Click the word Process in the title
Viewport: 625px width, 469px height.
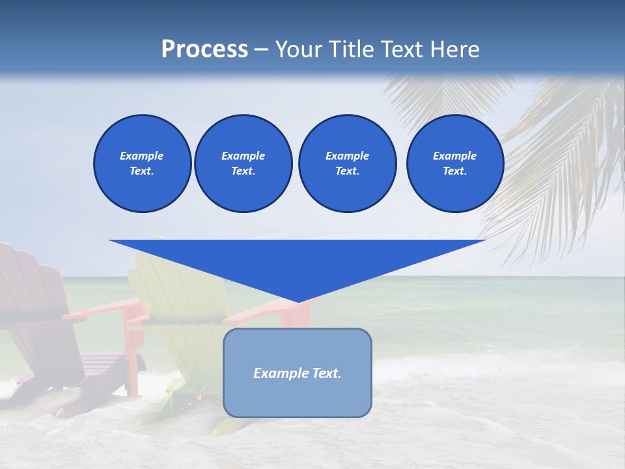[204, 50]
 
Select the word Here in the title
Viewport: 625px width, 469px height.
[454, 50]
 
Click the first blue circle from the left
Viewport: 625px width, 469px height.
[142, 163]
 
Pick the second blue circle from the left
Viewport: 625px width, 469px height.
[243, 163]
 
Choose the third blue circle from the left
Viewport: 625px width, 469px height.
[347, 163]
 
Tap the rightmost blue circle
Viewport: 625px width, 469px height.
[455, 163]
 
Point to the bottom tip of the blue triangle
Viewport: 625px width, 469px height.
[298, 302]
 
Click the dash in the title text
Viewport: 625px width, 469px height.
[262, 50]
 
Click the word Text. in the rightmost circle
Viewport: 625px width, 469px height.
[454, 171]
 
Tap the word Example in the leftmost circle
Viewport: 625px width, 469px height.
[142, 156]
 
